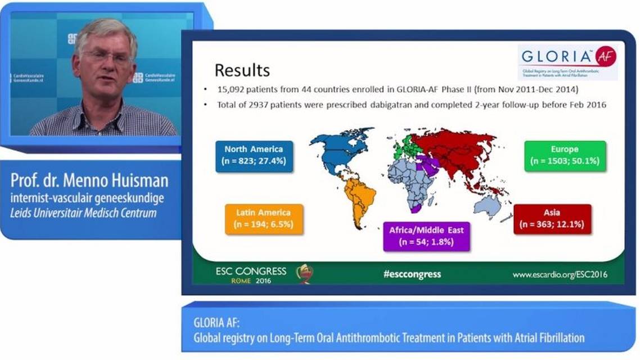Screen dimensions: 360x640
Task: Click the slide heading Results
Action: [x=242, y=70]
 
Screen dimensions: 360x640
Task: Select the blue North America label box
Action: [x=254, y=156]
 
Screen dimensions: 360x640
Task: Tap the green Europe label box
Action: [x=565, y=155]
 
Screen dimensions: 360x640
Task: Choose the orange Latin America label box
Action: [x=264, y=219]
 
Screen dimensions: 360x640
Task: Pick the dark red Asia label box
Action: [x=552, y=219]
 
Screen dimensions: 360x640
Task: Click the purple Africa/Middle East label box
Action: [x=426, y=236]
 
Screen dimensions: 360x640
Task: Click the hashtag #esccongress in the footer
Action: [x=412, y=274]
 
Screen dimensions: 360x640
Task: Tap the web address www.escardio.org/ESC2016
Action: [x=560, y=274]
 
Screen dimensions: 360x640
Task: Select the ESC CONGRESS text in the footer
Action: [x=251, y=271]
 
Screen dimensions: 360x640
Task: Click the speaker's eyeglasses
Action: [x=106, y=57]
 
